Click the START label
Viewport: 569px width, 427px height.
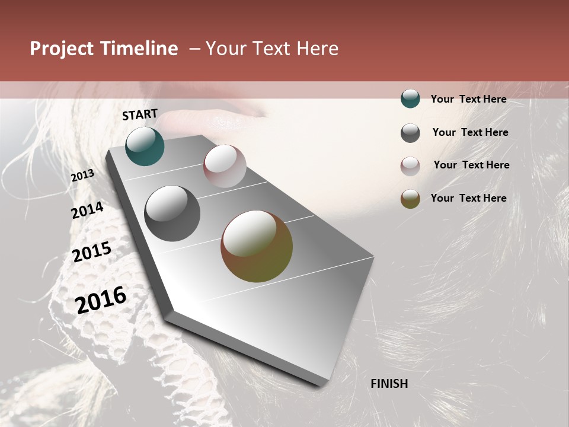[140, 114]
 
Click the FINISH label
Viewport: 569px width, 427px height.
[389, 384]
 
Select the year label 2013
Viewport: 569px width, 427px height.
[83, 176]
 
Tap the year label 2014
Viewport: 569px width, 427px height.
[88, 211]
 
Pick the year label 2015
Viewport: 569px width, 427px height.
[92, 252]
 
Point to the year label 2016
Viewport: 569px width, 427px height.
[101, 300]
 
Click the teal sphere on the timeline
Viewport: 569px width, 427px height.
[145, 146]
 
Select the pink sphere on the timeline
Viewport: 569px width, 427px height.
[225, 166]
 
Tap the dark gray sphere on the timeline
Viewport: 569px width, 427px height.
[172, 213]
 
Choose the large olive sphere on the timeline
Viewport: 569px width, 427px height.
[257, 246]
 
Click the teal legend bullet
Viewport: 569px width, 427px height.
[410, 99]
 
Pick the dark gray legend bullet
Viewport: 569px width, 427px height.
[410, 133]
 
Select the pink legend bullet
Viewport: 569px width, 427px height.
[410, 166]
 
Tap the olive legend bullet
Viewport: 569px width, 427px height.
[410, 199]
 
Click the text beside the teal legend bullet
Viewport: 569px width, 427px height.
[468, 99]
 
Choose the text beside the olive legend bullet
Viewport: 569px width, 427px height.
[468, 198]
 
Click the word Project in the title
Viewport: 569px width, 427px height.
[62, 49]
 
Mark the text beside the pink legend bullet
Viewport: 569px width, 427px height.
[471, 165]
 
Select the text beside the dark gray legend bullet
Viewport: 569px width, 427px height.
[470, 132]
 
